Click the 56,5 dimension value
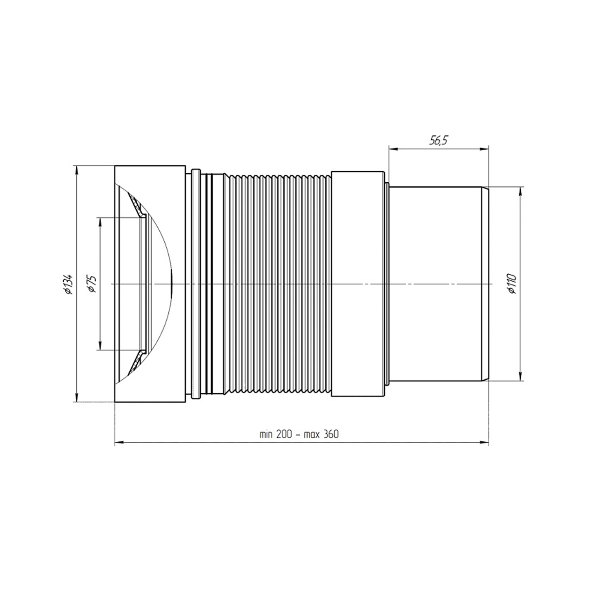[439, 140]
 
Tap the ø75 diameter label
[92, 284]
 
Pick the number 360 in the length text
[331, 434]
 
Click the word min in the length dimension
[266, 434]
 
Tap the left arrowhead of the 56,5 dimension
[393, 149]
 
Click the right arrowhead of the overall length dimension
[484, 443]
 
